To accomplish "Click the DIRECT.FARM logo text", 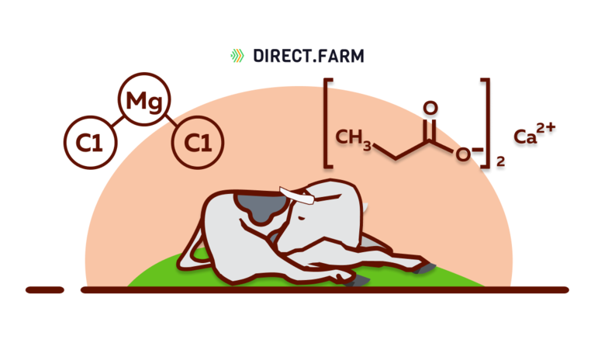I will [309, 56].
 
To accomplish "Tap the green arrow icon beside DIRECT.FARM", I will [237, 56].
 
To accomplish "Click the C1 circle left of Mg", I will [89, 143].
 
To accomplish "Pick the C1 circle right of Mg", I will [197, 143].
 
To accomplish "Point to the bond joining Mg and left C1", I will [117, 122].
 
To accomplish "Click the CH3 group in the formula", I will [354, 137].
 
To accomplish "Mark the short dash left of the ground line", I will [44, 289].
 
